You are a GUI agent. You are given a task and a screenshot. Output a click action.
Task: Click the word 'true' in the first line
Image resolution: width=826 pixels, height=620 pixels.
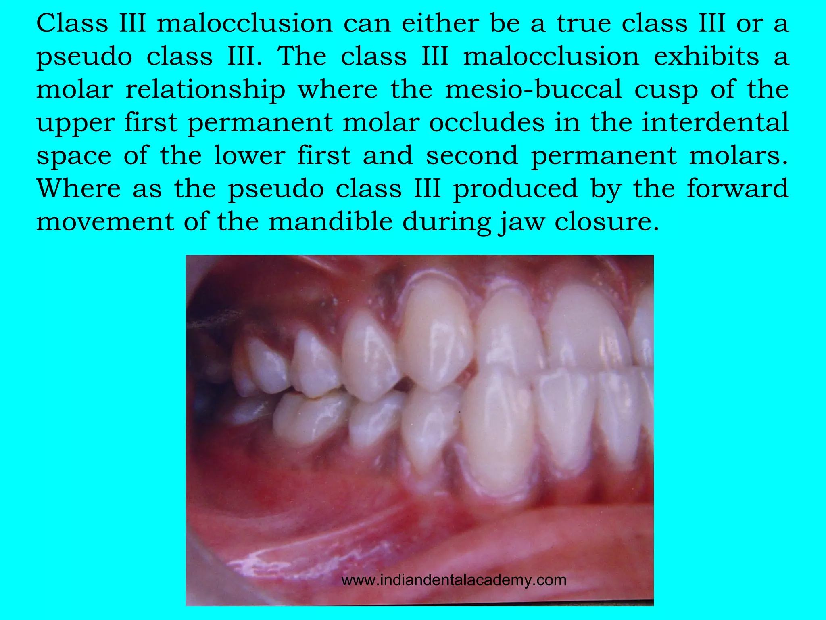tap(583, 24)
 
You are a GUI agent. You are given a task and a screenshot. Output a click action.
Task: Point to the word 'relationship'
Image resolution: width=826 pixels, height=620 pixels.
tap(205, 90)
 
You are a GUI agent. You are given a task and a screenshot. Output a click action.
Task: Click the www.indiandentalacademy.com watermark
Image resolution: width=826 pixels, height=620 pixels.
tap(454, 580)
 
